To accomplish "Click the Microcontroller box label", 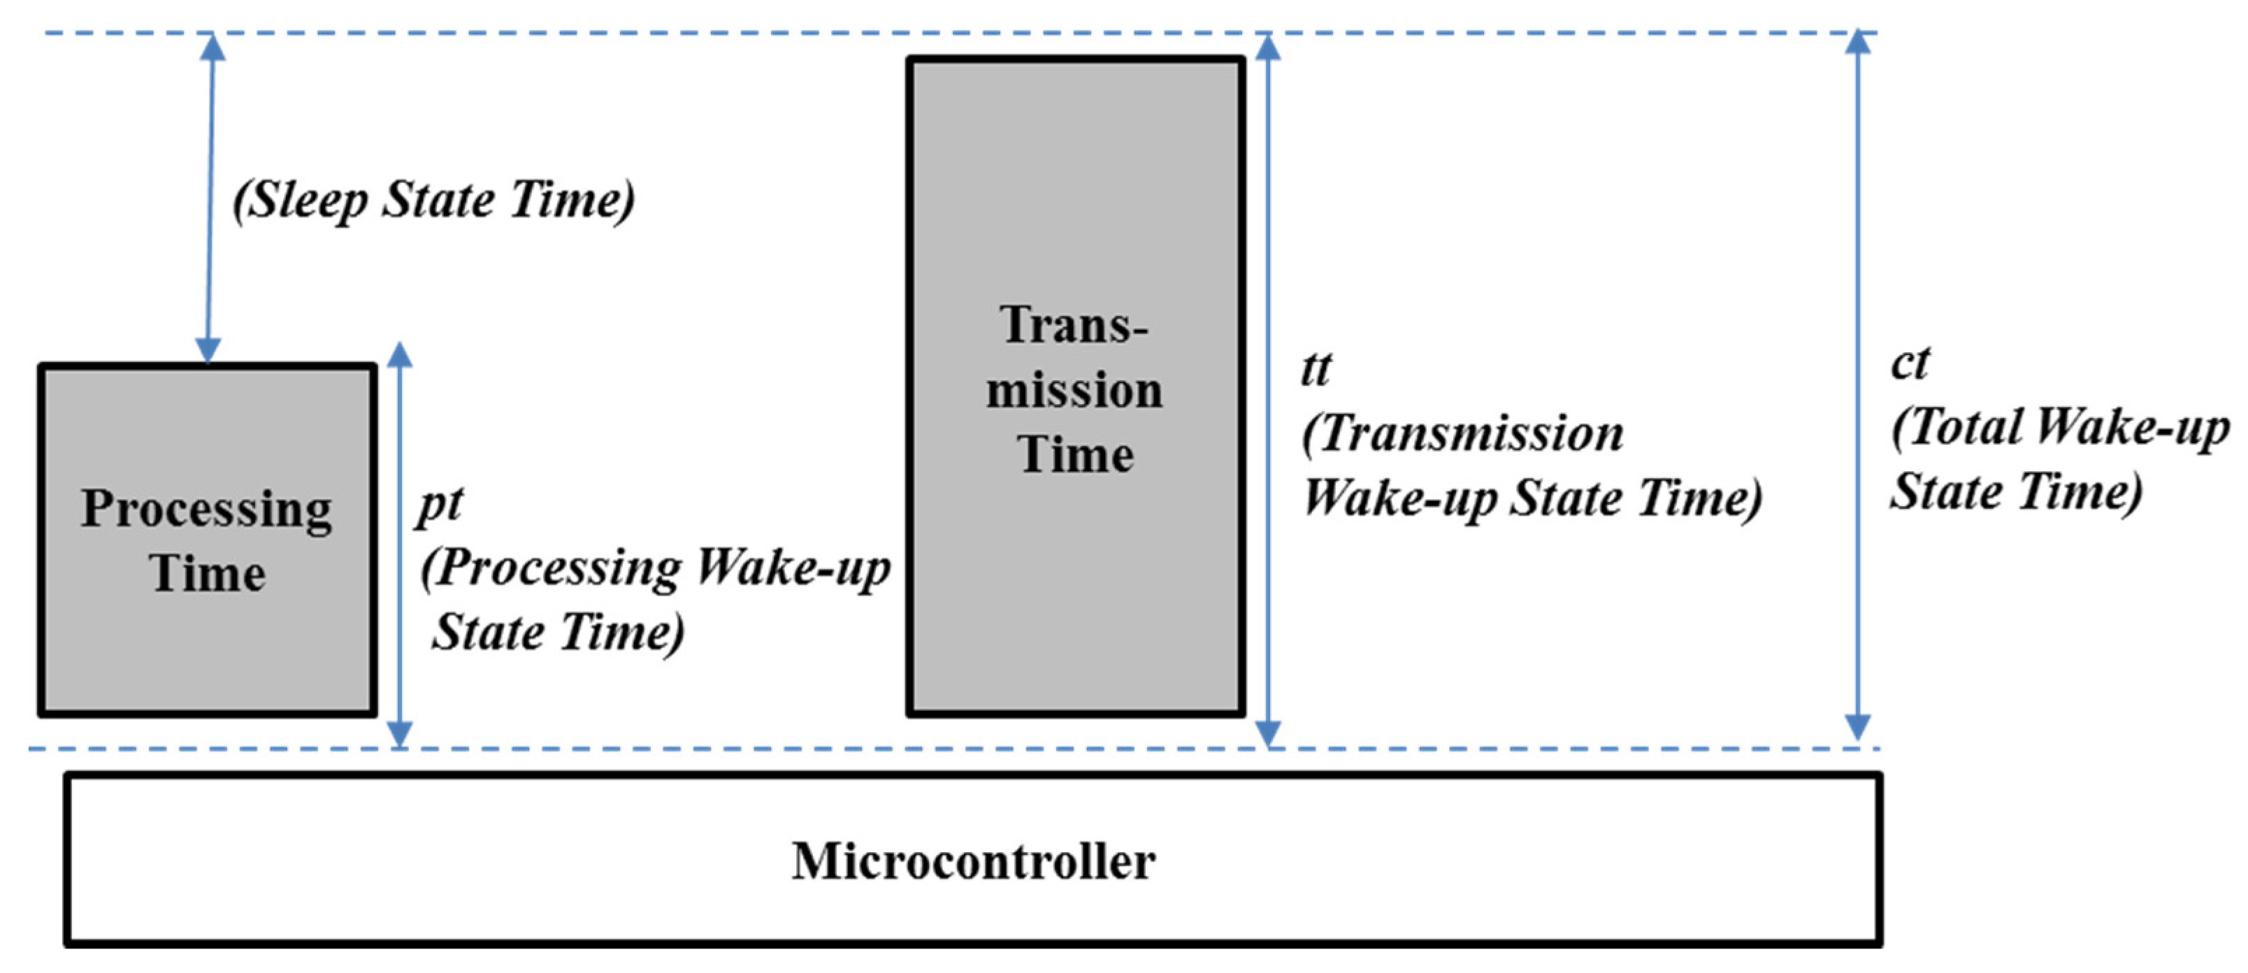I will tap(973, 861).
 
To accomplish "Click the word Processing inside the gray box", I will tap(206, 510).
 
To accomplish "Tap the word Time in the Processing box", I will tap(208, 574).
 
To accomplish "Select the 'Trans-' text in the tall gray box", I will tap(1074, 326).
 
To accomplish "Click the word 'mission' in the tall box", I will tap(1074, 390).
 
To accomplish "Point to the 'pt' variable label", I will tap(440, 505).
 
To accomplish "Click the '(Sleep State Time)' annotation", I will tap(433, 200).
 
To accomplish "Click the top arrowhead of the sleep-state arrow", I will tap(212, 48).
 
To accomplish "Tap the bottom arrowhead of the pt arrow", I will tap(400, 733).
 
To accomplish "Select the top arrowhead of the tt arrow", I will tap(1268, 48).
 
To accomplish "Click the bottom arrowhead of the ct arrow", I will tap(1858, 726).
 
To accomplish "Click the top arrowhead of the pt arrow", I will tap(400, 356).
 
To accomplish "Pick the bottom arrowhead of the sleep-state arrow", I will tap(208, 349).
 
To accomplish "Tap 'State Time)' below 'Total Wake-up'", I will tap(2016, 491).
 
